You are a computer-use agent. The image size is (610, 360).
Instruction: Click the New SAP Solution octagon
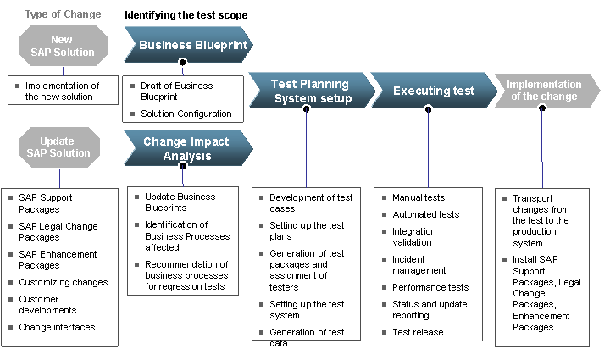tap(61, 46)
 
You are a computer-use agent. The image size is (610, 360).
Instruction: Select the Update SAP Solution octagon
tap(60, 147)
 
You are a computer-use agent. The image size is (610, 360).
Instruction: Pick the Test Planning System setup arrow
tap(310, 91)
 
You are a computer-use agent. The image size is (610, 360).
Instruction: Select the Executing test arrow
tap(433, 91)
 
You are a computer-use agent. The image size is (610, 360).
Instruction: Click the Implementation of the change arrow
tap(544, 91)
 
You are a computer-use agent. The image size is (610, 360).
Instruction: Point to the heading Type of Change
tap(63, 14)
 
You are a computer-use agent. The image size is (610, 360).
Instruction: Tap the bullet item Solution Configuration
tap(186, 114)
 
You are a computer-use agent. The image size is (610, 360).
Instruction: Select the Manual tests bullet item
tap(418, 197)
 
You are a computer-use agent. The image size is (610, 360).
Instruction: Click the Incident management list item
tap(419, 264)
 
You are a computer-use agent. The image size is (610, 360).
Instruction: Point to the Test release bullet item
tap(417, 332)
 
